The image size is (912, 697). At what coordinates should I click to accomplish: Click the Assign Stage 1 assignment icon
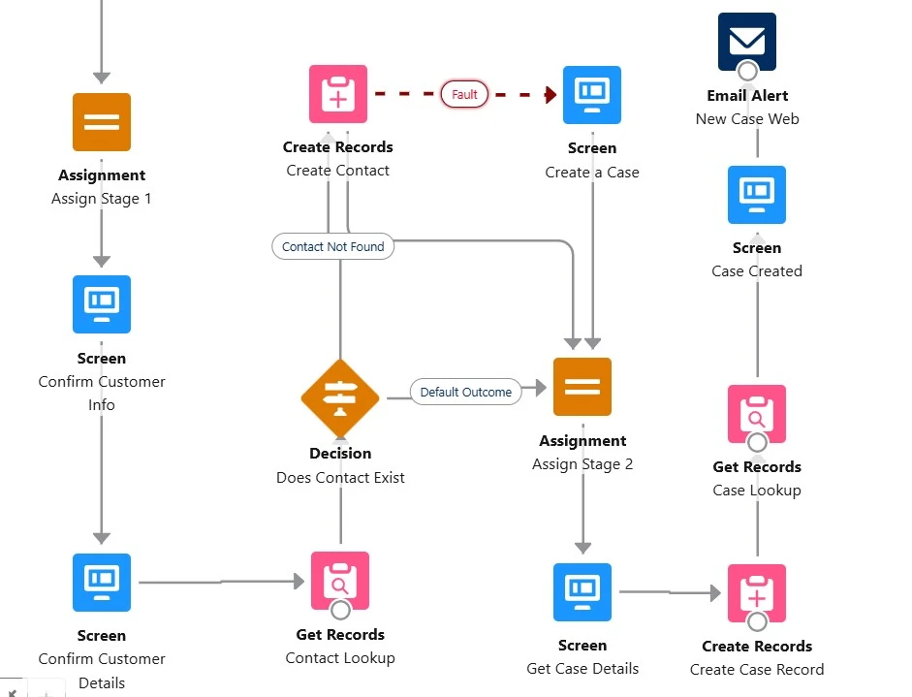[x=102, y=122]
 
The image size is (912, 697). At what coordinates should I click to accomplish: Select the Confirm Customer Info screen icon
[x=102, y=304]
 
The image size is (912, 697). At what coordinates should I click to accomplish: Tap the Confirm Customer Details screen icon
[x=102, y=583]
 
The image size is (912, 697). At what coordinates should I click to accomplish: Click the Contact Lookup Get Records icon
[x=340, y=581]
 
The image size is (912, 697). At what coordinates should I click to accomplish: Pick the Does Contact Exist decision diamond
[x=340, y=398]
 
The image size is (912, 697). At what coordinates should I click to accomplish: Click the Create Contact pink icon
[x=338, y=94]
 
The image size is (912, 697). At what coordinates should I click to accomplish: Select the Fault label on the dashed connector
[x=465, y=95]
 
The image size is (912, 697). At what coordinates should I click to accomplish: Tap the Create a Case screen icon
[x=592, y=95]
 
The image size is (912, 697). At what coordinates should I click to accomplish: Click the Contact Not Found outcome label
[x=333, y=247]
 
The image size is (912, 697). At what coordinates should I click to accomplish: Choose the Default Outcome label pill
[x=465, y=393]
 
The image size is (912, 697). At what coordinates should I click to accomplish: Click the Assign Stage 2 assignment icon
[x=582, y=387]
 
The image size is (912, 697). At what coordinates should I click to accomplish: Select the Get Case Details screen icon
[x=582, y=592]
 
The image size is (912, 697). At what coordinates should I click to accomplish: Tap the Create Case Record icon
[x=757, y=592]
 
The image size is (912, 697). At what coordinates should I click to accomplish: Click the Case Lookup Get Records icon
[x=757, y=414]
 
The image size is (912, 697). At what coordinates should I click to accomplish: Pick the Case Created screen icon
[x=757, y=195]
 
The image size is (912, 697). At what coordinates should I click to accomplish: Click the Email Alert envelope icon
[x=747, y=42]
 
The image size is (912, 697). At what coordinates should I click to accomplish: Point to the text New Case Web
[x=747, y=119]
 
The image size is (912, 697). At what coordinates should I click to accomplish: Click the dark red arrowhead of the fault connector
[x=550, y=95]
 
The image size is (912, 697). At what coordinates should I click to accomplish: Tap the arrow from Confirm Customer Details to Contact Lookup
[x=223, y=582]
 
